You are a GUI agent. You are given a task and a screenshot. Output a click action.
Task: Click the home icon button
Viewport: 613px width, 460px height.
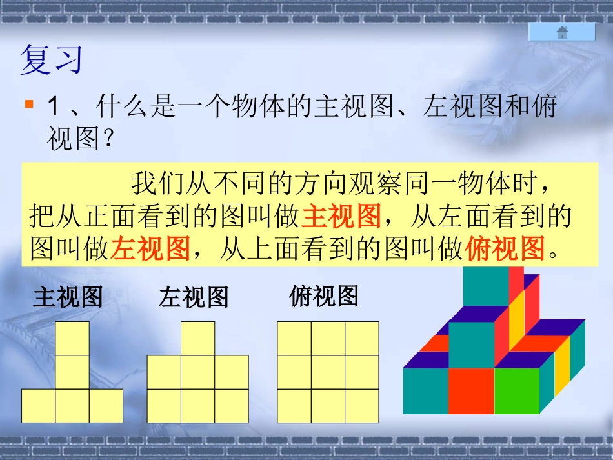pos(562,32)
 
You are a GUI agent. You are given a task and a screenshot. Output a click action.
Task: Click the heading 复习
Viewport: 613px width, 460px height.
pos(52,59)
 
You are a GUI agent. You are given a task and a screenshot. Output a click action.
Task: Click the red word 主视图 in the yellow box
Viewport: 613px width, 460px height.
pos(341,217)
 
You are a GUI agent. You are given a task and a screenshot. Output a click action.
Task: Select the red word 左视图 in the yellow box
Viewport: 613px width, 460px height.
pos(150,248)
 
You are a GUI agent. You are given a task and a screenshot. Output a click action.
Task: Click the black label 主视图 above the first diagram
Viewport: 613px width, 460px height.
pos(68,297)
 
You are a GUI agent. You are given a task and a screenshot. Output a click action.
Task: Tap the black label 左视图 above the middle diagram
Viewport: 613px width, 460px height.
pos(194,297)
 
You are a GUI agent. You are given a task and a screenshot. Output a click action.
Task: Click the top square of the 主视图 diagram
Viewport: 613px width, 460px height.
pos(72,339)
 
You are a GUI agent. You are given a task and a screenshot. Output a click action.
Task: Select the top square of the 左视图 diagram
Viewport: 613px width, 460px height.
pos(197,339)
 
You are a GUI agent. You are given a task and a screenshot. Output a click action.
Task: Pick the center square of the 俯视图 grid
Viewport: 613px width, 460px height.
pos(328,372)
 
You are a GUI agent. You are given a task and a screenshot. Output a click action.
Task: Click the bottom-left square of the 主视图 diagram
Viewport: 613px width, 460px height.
pos(39,406)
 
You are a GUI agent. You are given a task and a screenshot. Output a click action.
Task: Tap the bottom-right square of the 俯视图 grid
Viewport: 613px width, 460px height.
pos(362,406)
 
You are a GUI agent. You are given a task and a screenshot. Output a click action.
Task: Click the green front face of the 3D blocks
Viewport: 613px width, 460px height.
pos(516,390)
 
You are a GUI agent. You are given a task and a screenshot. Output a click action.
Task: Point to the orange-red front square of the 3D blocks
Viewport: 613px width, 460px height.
pos(471,390)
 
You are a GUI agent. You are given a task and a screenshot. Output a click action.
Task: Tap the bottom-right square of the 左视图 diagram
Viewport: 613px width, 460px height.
pos(231,406)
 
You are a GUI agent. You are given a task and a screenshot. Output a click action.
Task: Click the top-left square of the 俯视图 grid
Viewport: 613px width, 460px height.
pos(294,339)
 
